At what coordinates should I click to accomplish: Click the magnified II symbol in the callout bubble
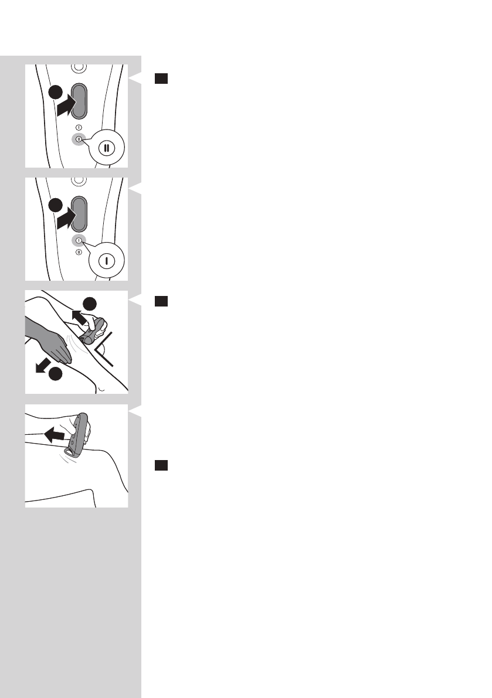pyautogui.click(x=106, y=148)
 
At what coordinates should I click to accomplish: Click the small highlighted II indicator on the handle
pyautogui.click(x=79, y=138)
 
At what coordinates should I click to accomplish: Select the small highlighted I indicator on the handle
pyautogui.click(x=79, y=240)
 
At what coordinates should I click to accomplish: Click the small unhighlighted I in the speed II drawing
pyautogui.click(x=79, y=127)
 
